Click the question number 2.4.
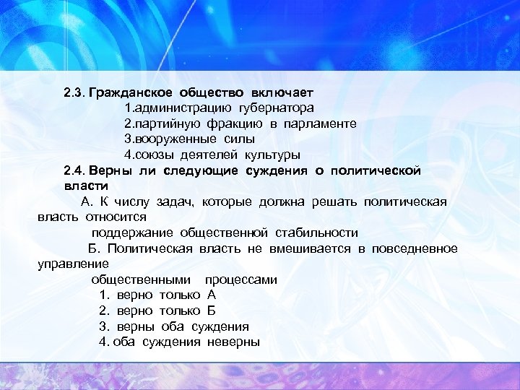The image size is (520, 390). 74,171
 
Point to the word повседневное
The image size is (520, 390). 415,248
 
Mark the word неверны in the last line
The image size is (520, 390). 233,342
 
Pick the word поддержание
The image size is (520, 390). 129,233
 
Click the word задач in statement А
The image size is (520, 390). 175,201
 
